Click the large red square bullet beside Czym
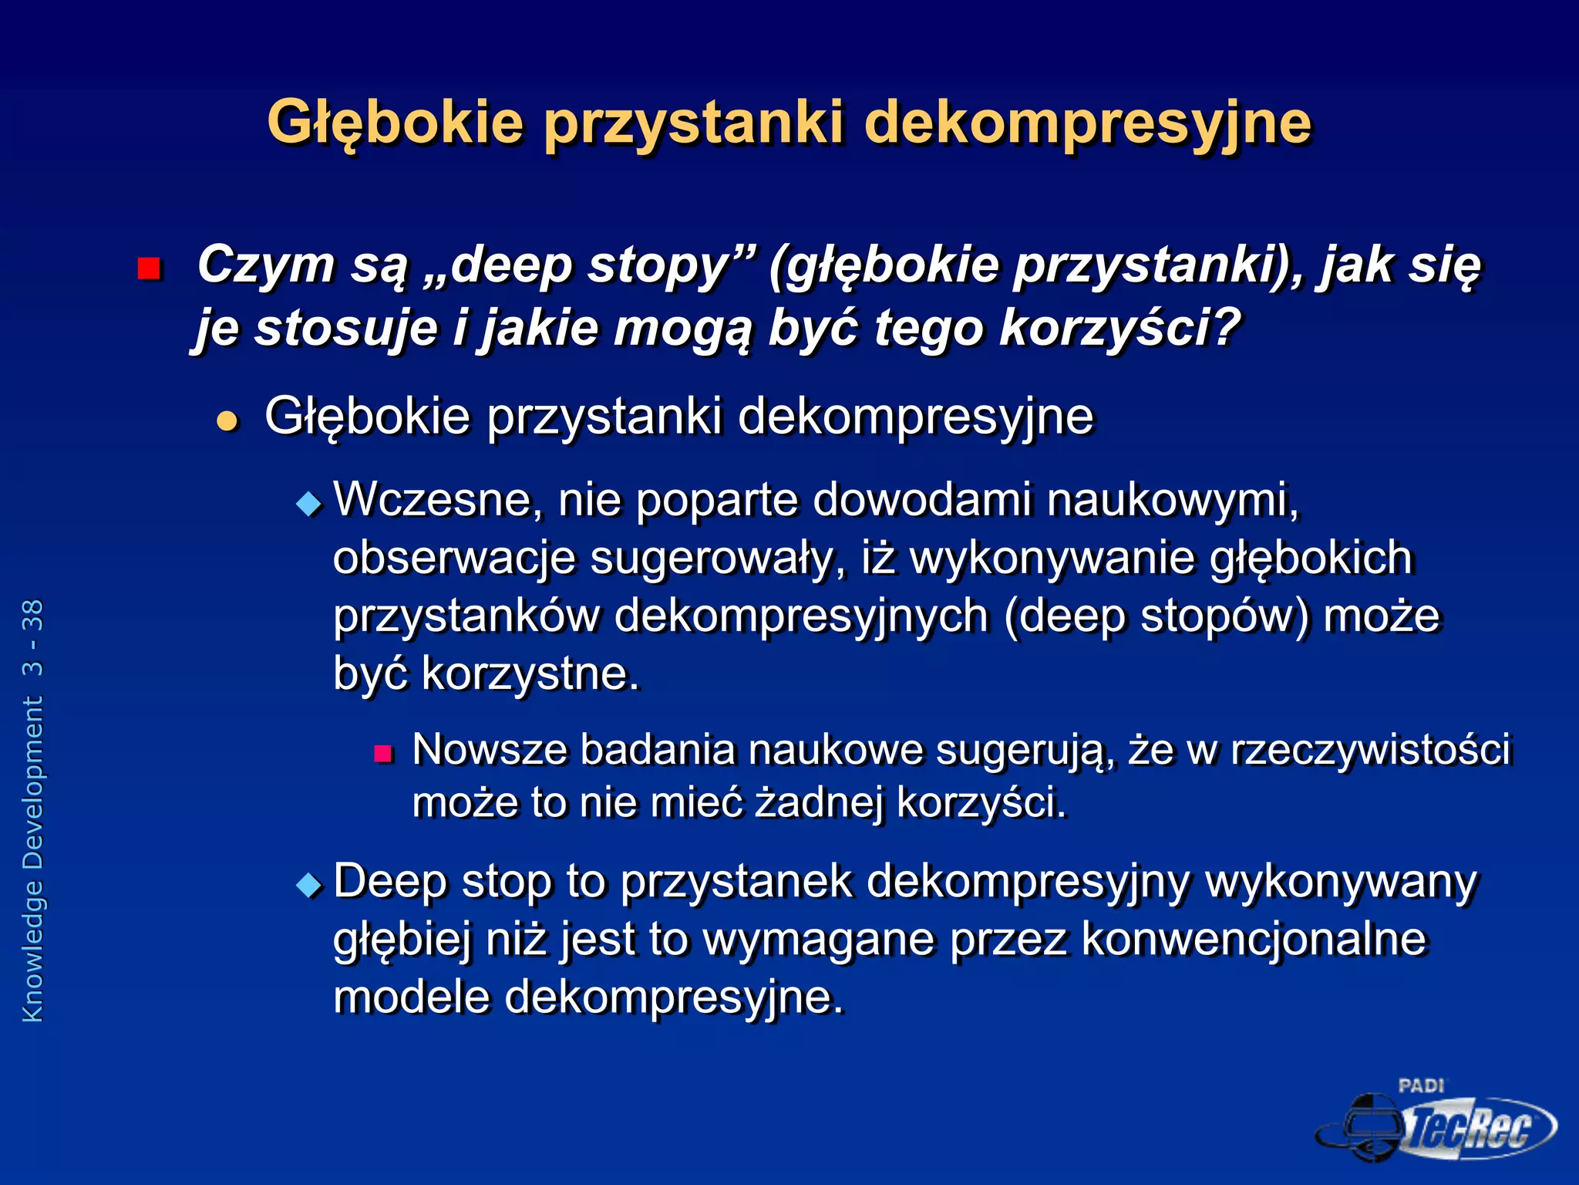point(148,268)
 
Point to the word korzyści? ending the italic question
point(1119,327)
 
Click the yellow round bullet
point(227,420)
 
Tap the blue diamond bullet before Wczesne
point(308,505)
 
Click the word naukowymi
point(1172,499)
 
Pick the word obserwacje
point(453,557)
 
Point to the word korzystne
point(530,674)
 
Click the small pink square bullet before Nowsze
point(383,753)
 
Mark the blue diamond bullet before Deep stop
point(308,885)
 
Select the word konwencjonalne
point(1254,940)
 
